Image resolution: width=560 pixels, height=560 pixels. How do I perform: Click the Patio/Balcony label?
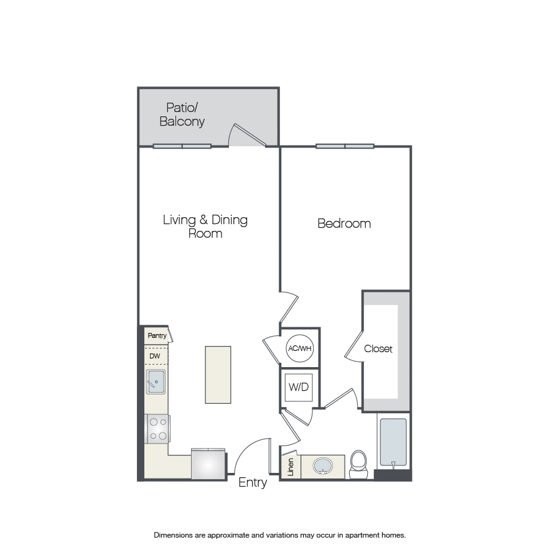(182, 114)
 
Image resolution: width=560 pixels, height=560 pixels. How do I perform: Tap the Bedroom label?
(344, 223)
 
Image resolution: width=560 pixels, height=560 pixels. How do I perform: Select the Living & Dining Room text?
(205, 226)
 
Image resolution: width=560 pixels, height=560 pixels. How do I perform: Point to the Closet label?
(378, 348)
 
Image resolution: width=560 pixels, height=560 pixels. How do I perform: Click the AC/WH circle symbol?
(300, 348)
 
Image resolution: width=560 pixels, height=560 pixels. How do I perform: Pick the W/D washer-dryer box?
(299, 387)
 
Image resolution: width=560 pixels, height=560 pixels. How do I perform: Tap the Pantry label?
(157, 336)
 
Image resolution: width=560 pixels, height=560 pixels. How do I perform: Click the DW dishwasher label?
(155, 356)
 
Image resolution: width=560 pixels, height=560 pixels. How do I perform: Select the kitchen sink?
(156, 382)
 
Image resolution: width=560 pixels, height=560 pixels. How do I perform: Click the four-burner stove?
(157, 429)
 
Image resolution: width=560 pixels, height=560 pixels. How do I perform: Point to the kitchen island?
(218, 375)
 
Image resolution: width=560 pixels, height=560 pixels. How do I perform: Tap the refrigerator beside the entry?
(208, 464)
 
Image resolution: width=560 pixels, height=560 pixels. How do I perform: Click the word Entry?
(253, 482)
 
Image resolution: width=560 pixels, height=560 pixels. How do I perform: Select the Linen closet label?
(291, 467)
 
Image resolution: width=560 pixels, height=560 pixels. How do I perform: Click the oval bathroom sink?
(323, 466)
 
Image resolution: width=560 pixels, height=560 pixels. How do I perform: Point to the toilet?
(358, 464)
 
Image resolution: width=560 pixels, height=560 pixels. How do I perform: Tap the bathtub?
(393, 442)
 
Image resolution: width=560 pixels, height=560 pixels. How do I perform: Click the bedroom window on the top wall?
(345, 146)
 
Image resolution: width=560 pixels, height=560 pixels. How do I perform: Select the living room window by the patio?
(182, 146)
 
